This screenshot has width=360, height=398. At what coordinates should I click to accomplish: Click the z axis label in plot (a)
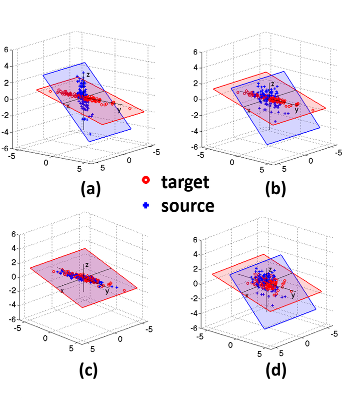click(87, 75)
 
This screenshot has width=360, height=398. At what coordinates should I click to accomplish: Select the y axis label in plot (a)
click(118, 109)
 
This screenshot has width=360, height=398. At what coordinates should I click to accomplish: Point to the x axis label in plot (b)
click(248, 110)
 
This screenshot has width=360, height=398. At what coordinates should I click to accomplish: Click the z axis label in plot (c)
click(86, 264)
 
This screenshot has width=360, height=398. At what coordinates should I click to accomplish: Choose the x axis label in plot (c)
click(62, 290)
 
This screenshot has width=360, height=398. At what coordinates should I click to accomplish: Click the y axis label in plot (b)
click(296, 110)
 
